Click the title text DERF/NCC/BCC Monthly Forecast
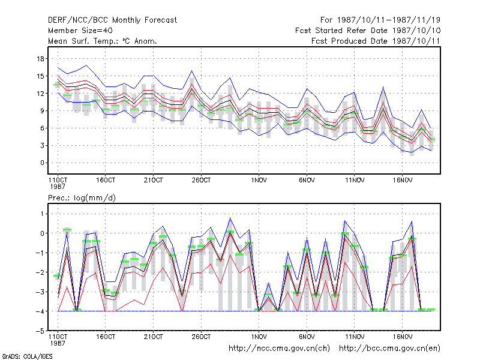point(112,20)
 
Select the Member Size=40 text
point(80,31)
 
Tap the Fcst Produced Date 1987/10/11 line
point(376,41)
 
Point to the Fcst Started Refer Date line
point(368,31)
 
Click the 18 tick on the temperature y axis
point(40,59)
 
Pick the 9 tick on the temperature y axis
point(42,111)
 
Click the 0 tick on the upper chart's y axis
point(42,163)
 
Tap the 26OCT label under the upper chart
point(201,181)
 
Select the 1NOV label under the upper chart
point(259,181)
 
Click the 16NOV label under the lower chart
point(402,337)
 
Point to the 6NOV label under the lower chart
point(307,337)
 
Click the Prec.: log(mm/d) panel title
point(82,198)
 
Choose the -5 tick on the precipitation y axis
point(40,331)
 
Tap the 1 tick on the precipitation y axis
point(42,214)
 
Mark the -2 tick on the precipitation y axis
point(40,272)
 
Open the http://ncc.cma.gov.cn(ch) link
point(279,349)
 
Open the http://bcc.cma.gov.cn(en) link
point(389,349)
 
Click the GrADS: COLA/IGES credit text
point(27,356)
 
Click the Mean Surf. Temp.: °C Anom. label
point(102,41)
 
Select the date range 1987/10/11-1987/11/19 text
point(388,20)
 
